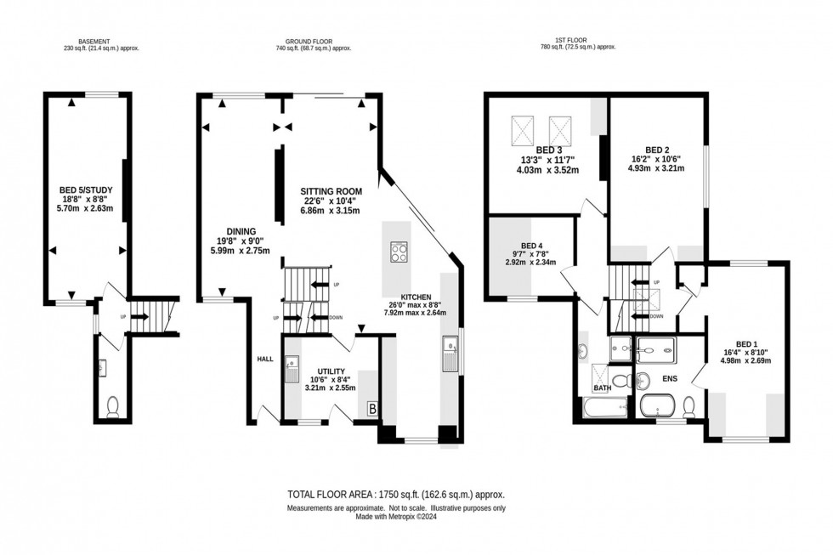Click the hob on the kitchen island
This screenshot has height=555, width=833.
coord(398,252)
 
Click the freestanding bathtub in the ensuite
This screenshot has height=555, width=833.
coord(658,405)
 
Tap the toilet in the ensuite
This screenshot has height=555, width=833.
coord(688,406)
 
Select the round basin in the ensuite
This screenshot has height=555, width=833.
coord(642,379)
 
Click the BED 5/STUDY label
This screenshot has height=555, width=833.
coord(89,190)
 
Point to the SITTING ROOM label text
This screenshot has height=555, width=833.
coord(331,190)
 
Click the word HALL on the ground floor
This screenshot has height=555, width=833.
coord(264,360)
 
